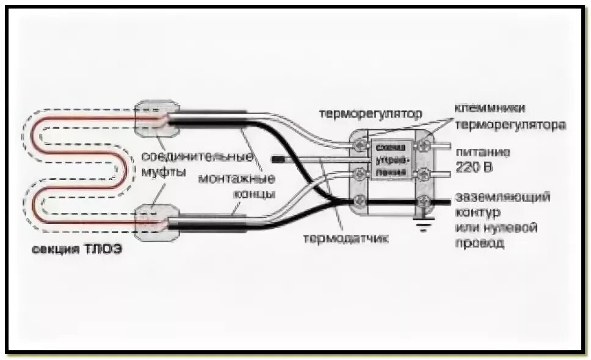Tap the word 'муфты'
[164, 171]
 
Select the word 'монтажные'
[237, 179]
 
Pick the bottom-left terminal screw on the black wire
[361, 200]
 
